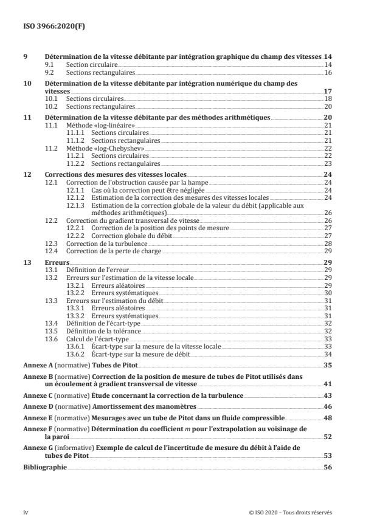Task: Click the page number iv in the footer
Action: point(26,512)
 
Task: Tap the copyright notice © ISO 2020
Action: point(290,512)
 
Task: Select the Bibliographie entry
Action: point(41,468)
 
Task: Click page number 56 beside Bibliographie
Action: point(327,468)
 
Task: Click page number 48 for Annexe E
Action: point(327,418)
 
